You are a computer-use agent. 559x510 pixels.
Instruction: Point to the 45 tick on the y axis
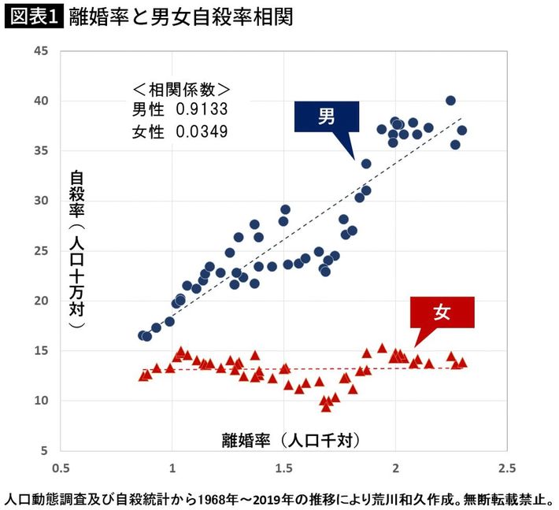point(41,51)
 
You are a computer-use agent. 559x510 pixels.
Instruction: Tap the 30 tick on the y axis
point(41,201)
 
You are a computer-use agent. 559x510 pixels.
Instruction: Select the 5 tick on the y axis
point(45,451)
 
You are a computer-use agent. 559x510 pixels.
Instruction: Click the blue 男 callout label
point(327,117)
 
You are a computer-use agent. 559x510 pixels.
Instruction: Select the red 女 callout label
point(442,312)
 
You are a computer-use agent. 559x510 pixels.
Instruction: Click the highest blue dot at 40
point(450,101)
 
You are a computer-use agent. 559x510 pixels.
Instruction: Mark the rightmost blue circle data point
point(462,131)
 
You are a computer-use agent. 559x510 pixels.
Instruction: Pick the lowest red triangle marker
point(325,407)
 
